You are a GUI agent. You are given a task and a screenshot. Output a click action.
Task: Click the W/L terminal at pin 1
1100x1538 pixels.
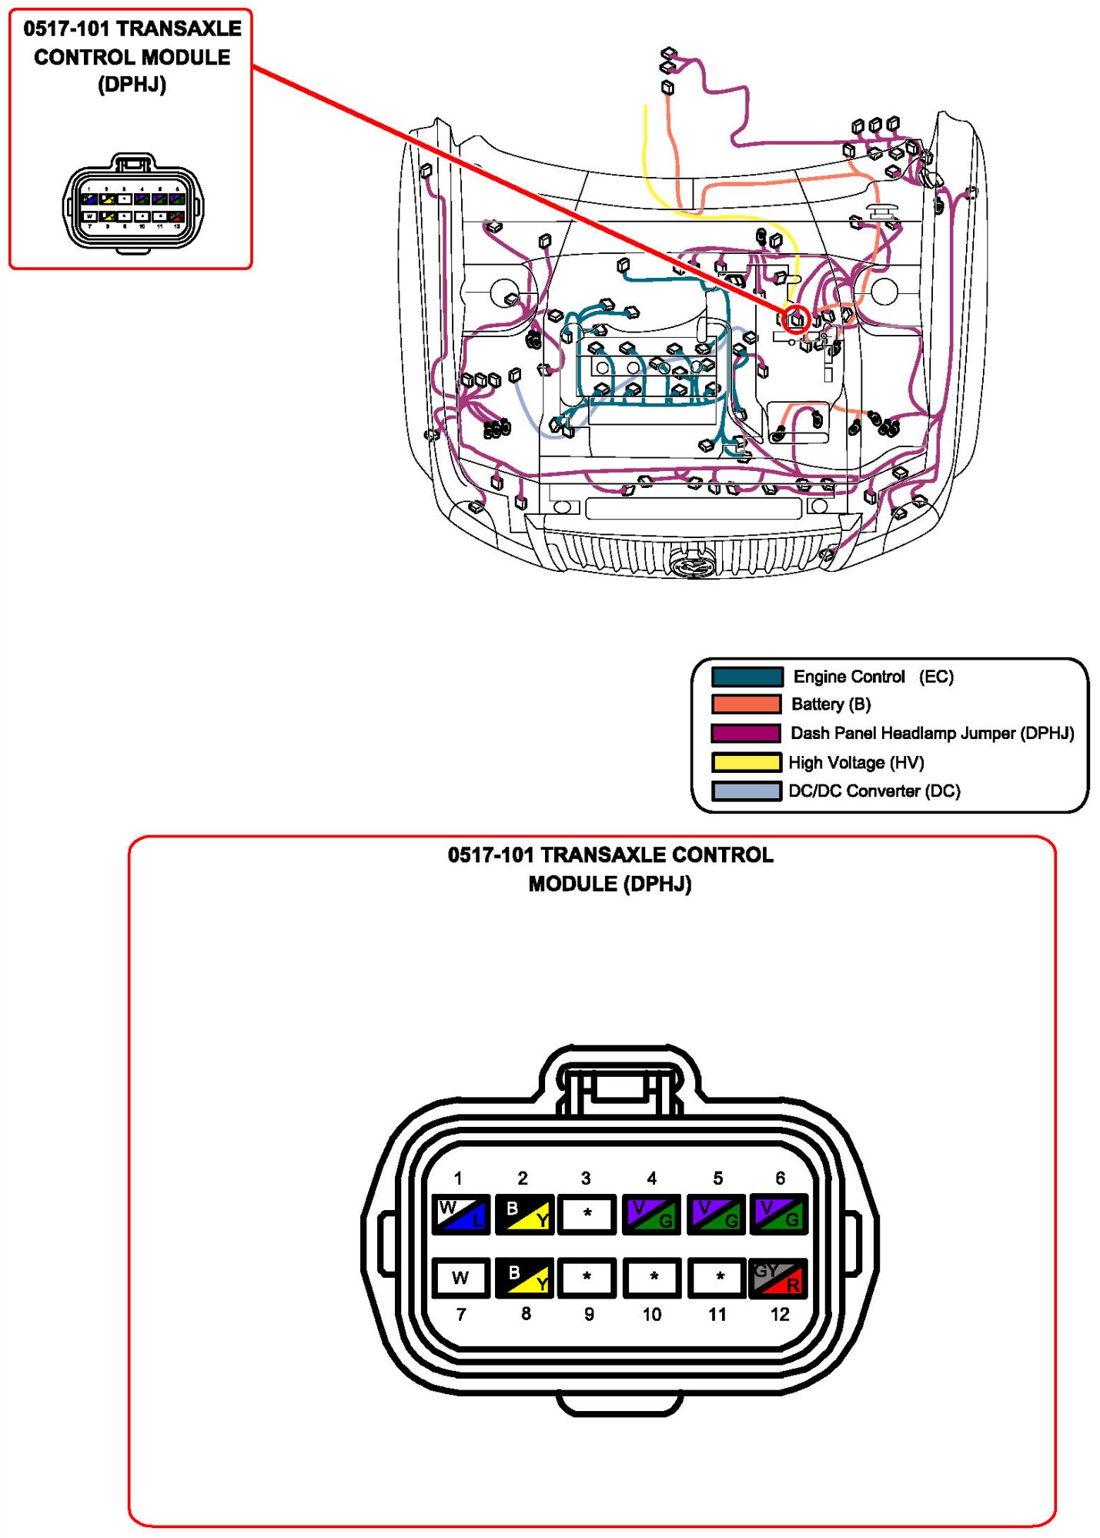click(460, 1214)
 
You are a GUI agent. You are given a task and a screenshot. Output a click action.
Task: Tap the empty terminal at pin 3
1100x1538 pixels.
click(587, 1214)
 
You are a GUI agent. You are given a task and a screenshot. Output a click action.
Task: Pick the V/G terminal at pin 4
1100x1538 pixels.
click(651, 1214)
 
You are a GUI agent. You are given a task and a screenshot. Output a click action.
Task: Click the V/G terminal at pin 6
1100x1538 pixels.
click(778, 1214)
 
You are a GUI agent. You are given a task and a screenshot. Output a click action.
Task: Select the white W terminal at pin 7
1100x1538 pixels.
click(460, 1278)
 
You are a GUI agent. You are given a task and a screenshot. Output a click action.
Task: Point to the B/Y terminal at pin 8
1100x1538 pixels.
click(525, 1278)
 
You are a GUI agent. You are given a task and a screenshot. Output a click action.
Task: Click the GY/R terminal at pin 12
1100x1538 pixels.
click(778, 1278)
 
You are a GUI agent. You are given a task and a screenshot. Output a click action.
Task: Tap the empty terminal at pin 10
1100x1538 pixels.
click(653, 1278)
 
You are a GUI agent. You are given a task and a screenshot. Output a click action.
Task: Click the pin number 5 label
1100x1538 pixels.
click(717, 1179)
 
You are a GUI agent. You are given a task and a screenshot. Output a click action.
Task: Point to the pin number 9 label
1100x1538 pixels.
click(589, 1314)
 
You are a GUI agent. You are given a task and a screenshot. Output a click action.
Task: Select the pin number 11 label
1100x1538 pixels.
click(717, 1314)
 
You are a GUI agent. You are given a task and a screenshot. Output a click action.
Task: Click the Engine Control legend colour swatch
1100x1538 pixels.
click(747, 677)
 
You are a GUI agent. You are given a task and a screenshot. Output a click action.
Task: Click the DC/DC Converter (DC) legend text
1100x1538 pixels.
click(874, 791)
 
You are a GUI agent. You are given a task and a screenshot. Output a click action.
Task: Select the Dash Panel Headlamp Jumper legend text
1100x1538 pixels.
click(932, 733)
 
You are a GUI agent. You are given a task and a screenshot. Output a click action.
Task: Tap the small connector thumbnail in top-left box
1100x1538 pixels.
click(133, 204)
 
